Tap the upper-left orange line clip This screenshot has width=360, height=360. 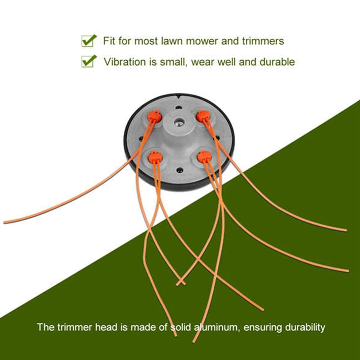point(153,117)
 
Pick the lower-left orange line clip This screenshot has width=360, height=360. point(154,157)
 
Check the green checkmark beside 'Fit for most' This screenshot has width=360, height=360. point(89,40)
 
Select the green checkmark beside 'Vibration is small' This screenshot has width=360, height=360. point(89,61)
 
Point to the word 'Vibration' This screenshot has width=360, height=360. point(123,62)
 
